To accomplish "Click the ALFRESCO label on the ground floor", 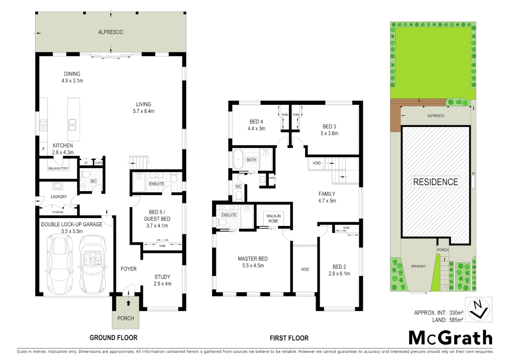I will pos(110,32).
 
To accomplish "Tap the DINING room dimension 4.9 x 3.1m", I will pos(72,81).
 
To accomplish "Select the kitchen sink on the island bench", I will pos(73,125).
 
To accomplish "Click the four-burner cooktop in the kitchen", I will pos(43,125).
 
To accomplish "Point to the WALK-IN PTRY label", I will pos(58,168).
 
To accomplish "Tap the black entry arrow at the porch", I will pos(128,303).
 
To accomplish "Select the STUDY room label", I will pos(162,277).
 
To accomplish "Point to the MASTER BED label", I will pos(253,259).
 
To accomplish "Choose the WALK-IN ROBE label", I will pos(273,218).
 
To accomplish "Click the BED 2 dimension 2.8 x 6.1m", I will pos(339,274).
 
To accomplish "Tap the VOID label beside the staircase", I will pos(316,163).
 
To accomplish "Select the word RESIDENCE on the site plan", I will pos(435,182).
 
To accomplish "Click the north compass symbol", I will pos(478,310).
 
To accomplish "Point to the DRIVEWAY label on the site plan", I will pos(418,266).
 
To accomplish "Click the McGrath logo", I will pos(450,338).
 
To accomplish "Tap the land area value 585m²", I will pos(456,320).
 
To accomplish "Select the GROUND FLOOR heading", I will pos(113,338).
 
